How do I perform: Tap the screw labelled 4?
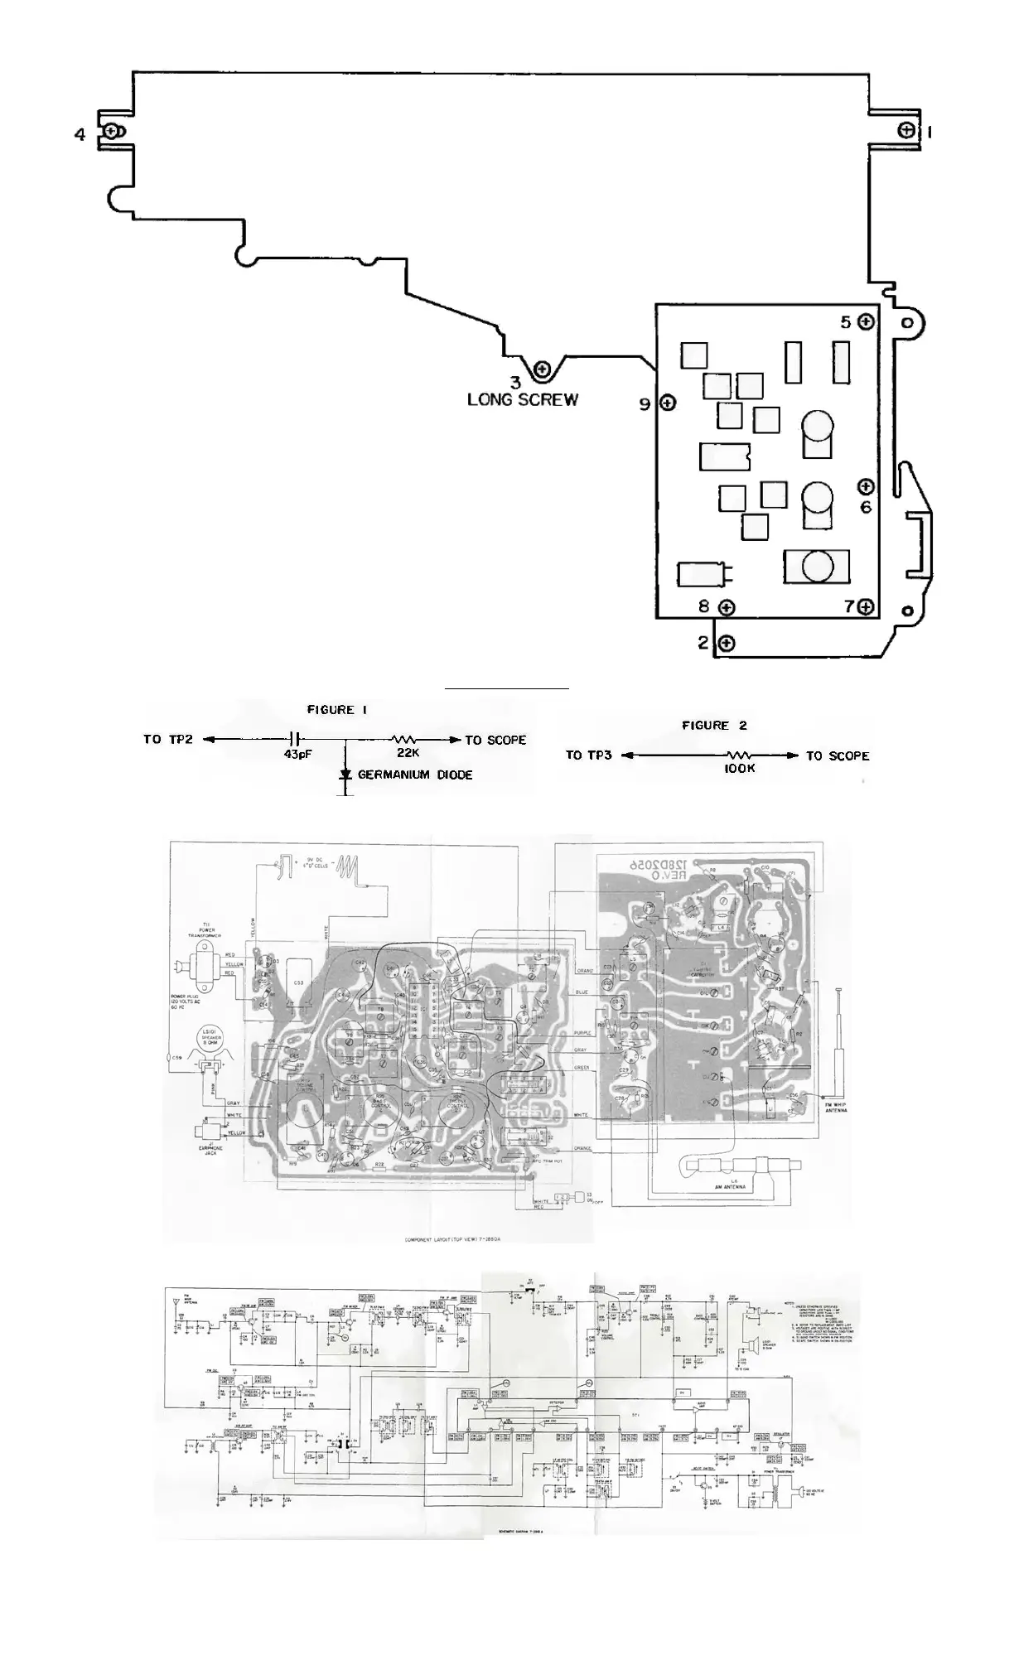pyautogui.click(x=111, y=132)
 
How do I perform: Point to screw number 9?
pyautogui.click(x=668, y=403)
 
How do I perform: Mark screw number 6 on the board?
pyautogui.click(x=866, y=486)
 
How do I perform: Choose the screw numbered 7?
pyautogui.click(x=867, y=607)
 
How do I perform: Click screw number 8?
pyautogui.click(x=727, y=608)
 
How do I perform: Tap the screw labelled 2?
pyautogui.click(x=727, y=643)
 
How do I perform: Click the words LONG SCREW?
pyautogui.click(x=523, y=400)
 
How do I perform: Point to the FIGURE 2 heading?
pyautogui.click(x=714, y=726)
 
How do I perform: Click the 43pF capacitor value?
pyautogui.click(x=297, y=755)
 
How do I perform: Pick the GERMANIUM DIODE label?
pyautogui.click(x=415, y=775)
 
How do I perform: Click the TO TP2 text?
pyautogui.click(x=167, y=739)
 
